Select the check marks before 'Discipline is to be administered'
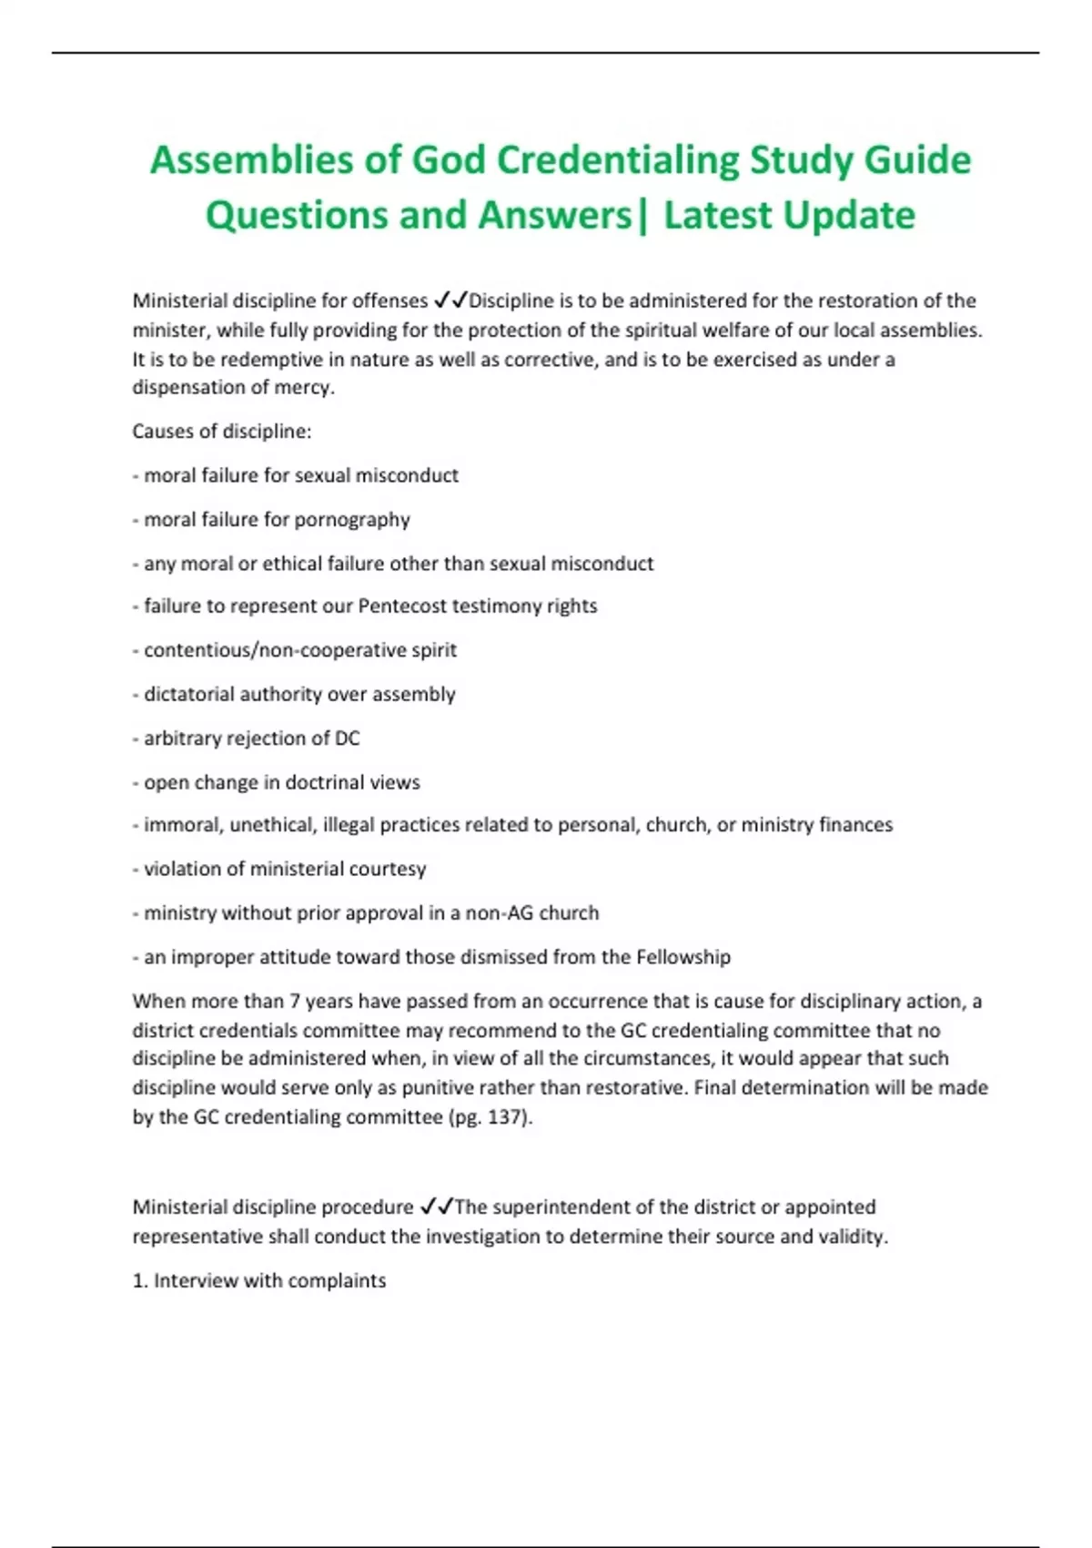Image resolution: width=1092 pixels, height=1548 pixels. tap(450, 300)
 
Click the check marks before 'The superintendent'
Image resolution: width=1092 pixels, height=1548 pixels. tap(437, 1207)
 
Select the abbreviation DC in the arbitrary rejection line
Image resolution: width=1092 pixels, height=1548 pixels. tap(347, 738)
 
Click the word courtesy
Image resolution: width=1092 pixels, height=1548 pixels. tap(387, 869)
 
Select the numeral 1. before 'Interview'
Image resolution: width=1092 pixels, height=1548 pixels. tap(140, 1280)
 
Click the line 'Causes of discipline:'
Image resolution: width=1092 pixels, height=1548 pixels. tap(222, 432)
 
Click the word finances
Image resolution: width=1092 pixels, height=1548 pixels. tap(855, 825)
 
